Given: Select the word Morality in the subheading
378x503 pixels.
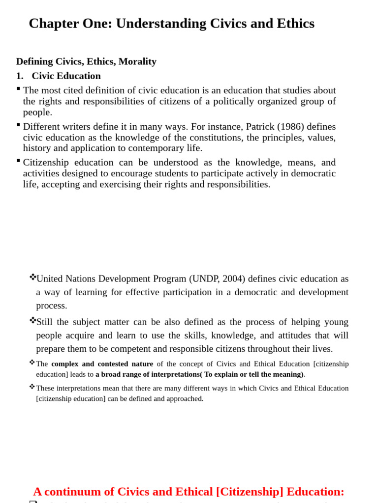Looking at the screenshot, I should click(137, 61).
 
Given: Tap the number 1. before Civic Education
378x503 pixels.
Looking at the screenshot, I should click(20, 76).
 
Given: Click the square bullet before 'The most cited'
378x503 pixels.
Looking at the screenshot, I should click(18, 88).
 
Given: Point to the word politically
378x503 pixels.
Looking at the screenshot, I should click(244, 102).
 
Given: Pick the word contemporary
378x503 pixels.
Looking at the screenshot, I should click(153, 148).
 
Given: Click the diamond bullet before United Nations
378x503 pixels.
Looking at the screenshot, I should click(32, 277).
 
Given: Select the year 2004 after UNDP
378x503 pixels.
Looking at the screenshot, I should click(233, 279).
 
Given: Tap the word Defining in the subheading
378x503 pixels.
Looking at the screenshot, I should click(34, 61).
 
